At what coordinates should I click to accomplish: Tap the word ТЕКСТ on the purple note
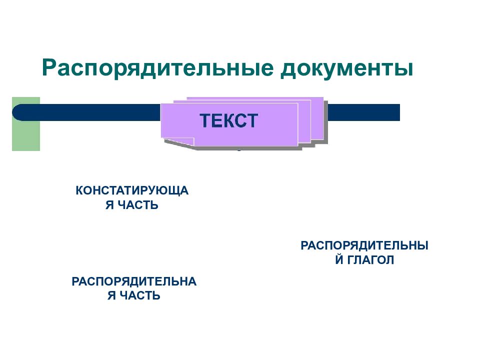pos(228,120)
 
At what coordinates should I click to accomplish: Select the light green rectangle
pos(26,124)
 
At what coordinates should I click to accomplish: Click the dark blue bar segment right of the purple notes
pos(364,112)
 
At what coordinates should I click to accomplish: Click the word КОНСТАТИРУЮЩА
pos(132,190)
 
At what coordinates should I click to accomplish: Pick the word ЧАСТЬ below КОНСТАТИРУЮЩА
pos(138,205)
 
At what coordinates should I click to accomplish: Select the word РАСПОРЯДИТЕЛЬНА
pos(134,281)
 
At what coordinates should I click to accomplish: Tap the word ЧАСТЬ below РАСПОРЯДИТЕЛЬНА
pos(140,295)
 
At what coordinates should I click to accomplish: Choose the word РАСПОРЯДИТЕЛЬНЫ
pos(364,245)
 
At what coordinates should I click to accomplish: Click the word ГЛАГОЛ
pos(370,260)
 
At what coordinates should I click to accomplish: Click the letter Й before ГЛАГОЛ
pos(339,259)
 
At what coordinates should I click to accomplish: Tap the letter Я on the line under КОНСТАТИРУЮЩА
pos(109,205)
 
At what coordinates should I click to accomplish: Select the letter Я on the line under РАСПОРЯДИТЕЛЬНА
pos(111,295)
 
